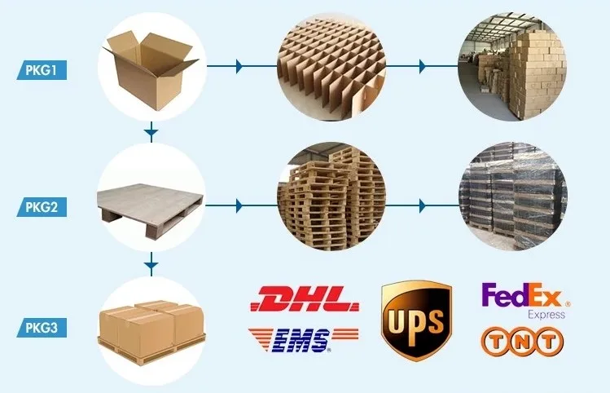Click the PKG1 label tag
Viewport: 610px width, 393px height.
[x=40, y=70]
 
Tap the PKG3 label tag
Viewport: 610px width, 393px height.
[x=40, y=329]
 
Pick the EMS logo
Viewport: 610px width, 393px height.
[x=305, y=338]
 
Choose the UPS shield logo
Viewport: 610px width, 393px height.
[x=416, y=320]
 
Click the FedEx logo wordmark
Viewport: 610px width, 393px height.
[x=524, y=296]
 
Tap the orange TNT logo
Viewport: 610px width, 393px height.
[x=521, y=339]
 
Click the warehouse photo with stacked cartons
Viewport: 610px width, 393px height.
[x=512, y=64]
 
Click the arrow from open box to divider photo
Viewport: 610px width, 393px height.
[x=238, y=65]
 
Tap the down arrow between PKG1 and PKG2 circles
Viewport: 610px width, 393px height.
[x=151, y=130]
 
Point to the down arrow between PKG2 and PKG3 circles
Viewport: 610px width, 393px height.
[x=151, y=264]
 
